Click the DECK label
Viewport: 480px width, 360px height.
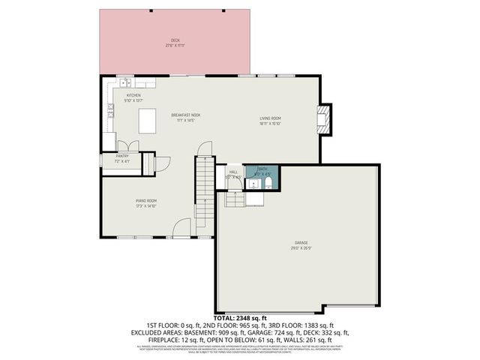(174, 40)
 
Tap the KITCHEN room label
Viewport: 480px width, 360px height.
(133, 96)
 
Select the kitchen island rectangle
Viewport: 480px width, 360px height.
(147, 120)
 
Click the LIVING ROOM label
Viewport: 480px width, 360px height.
(270, 118)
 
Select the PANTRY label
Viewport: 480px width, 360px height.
(121, 156)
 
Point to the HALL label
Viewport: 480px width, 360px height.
(232, 171)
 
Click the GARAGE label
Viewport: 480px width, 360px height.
(301, 242)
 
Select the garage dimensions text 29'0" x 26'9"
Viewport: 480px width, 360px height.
(301, 247)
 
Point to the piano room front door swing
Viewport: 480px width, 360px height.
(181, 226)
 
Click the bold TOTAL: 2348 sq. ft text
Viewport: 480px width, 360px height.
(239, 319)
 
